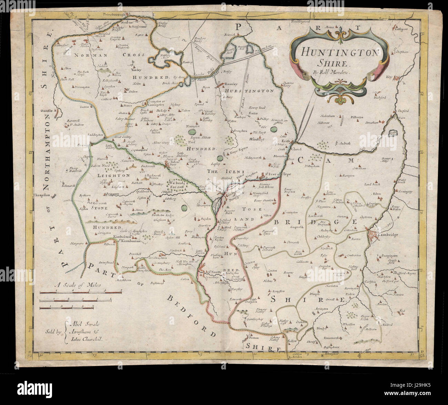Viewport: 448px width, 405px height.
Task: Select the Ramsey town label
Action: pyautogui.click(x=231, y=83)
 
